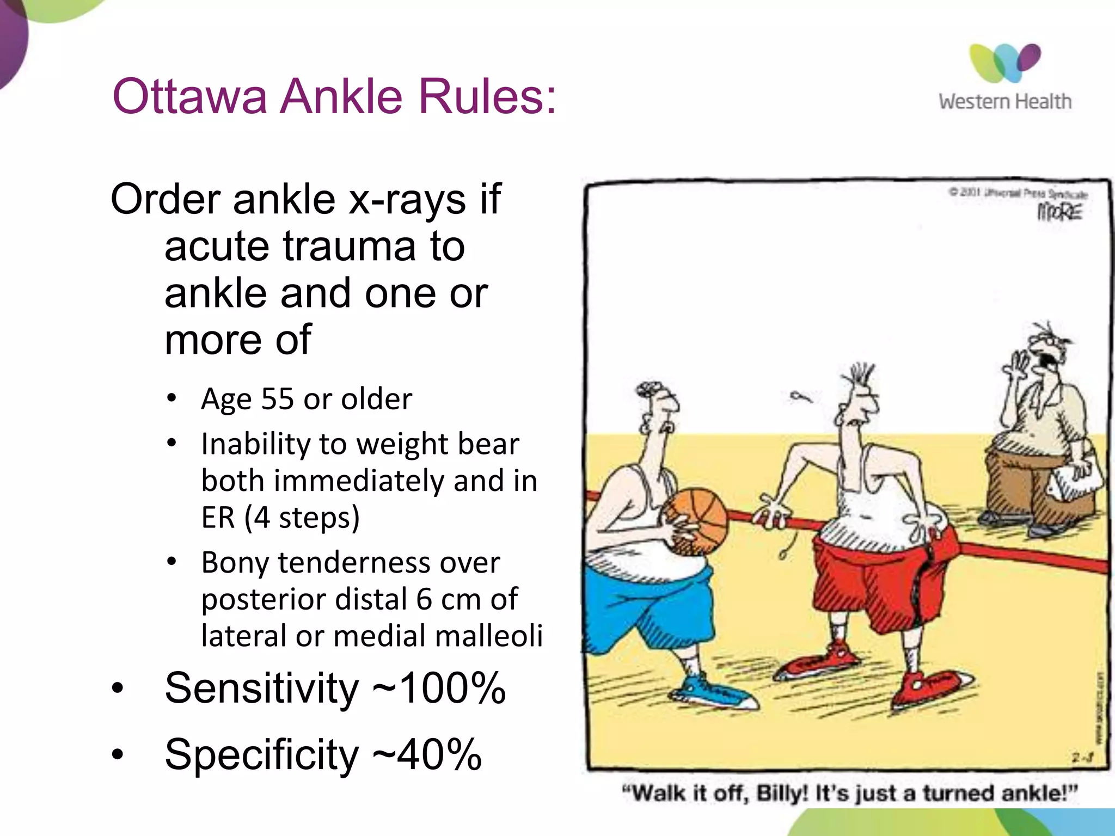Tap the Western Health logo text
pos(1004,102)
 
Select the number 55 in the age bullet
pos(278,399)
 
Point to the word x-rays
pos(407,199)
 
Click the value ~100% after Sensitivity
pos(439,688)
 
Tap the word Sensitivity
pos(262,688)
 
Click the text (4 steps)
pos(302,518)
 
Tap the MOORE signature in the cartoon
pos(1059,212)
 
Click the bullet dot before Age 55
pos(172,398)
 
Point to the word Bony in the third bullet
pos(235,563)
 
